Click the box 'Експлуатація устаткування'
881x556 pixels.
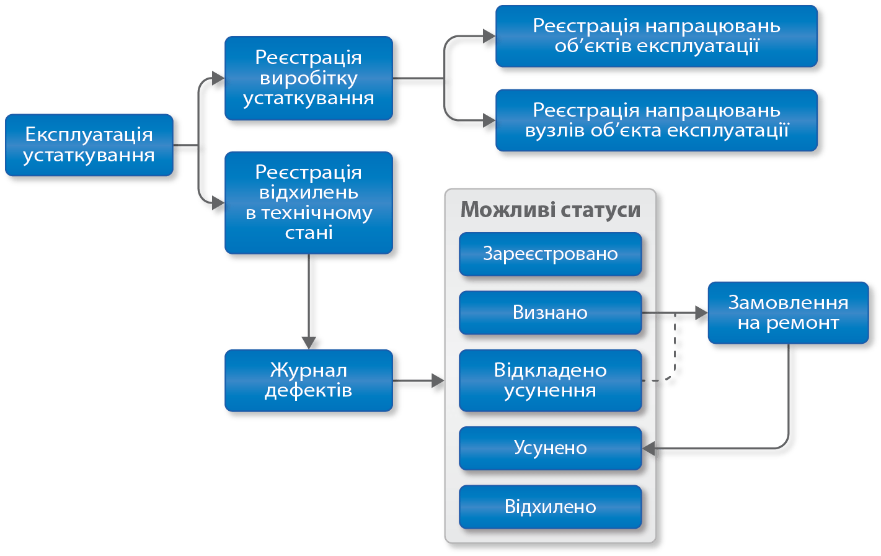click(x=89, y=145)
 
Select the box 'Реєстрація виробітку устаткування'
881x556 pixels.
click(x=308, y=78)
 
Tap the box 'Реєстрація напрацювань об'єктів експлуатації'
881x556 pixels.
click(x=656, y=36)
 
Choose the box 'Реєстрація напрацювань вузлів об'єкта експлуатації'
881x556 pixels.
click(x=656, y=120)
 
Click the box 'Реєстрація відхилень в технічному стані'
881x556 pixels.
click(x=308, y=202)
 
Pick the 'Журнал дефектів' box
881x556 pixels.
click(x=308, y=380)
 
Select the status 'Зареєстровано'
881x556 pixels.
click(x=550, y=254)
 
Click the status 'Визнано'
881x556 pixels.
click(x=550, y=312)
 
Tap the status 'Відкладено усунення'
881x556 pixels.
click(x=550, y=380)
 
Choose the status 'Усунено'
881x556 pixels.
click(x=550, y=448)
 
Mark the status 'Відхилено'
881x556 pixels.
click(x=550, y=506)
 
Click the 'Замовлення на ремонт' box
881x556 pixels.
click(x=788, y=313)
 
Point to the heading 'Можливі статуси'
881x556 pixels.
click(x=550, y=210)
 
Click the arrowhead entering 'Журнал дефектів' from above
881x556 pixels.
click(x=308, y=342)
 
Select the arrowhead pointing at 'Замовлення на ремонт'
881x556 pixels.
click(x=701, y=313)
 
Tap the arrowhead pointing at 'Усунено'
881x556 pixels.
click(x=649, y=448)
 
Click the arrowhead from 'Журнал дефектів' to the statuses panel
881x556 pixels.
click(x=438, y=380)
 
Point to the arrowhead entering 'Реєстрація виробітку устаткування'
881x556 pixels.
click(x=217, y=78)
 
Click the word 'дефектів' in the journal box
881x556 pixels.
click(x=308, y=391)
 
